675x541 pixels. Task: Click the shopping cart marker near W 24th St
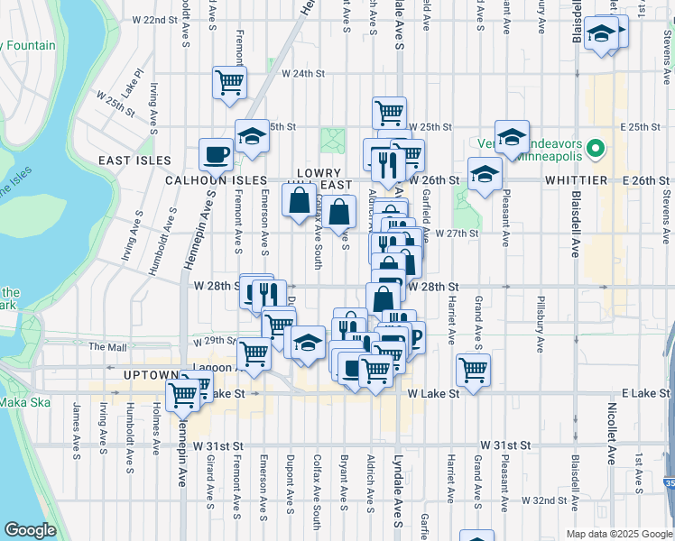tap(230, 82)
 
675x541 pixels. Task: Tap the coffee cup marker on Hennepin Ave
tap(216, 154)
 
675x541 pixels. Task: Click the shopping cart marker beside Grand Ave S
tap(473, 368)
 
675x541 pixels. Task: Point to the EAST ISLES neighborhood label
tap(135, 160)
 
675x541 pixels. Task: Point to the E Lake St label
tap(644, 394)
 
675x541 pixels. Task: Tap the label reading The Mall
tap(107, 346)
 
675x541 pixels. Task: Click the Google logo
tap(31, 530)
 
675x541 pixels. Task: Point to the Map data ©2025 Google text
tap(618, 534)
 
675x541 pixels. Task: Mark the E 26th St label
tap(649, 180)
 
